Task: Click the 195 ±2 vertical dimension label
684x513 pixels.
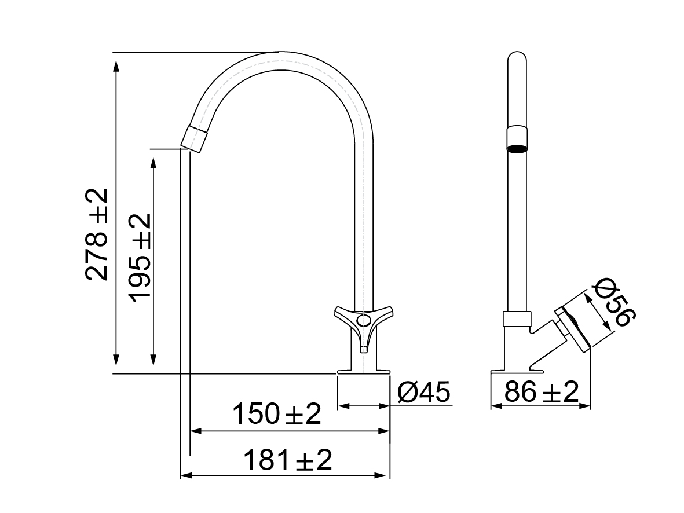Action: pyautogui.click(x=140, y=257)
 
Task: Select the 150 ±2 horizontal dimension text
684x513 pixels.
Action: pyautogui.click(x=276, y=414)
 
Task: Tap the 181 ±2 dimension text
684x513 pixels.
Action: pyautogui.click(x=287, y=460)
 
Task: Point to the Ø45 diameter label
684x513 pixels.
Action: pyautogui.click(x=424, y=393)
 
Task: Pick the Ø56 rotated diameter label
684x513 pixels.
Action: pyautogui.click(x=615, y=303)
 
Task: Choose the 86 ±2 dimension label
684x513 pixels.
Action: pyautogui.click(x=541, y=393)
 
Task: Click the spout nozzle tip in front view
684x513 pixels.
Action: pyautogui.click(x=193, y=138)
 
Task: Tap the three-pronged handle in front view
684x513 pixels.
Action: pyautogui.click(x=363, y=323)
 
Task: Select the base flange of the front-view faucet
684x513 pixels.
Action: pyautogui.click(x=363, y=370)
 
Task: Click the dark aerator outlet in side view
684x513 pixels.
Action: pyautogui.click(x=517, y=149)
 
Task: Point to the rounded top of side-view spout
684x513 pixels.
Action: pyautogui.click(x=517, y=57)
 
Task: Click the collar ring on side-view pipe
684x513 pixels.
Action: pyautogui.click(x=517, y=318)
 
